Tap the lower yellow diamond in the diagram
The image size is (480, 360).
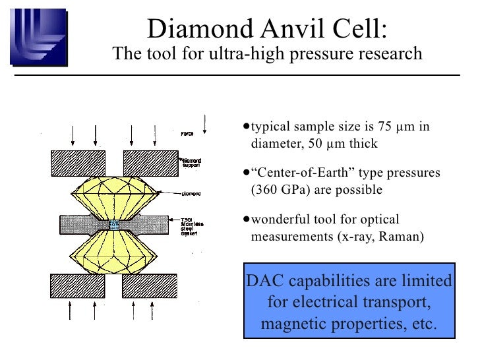[x=117, y=254]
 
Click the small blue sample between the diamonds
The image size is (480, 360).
[x=115, y=225]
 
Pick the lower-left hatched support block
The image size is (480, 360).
[x=77, y=285]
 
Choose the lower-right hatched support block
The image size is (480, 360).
[x=150, y=285]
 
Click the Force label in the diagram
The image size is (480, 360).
[x=188, y=135]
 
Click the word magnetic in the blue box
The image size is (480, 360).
[x=295, y=324]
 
